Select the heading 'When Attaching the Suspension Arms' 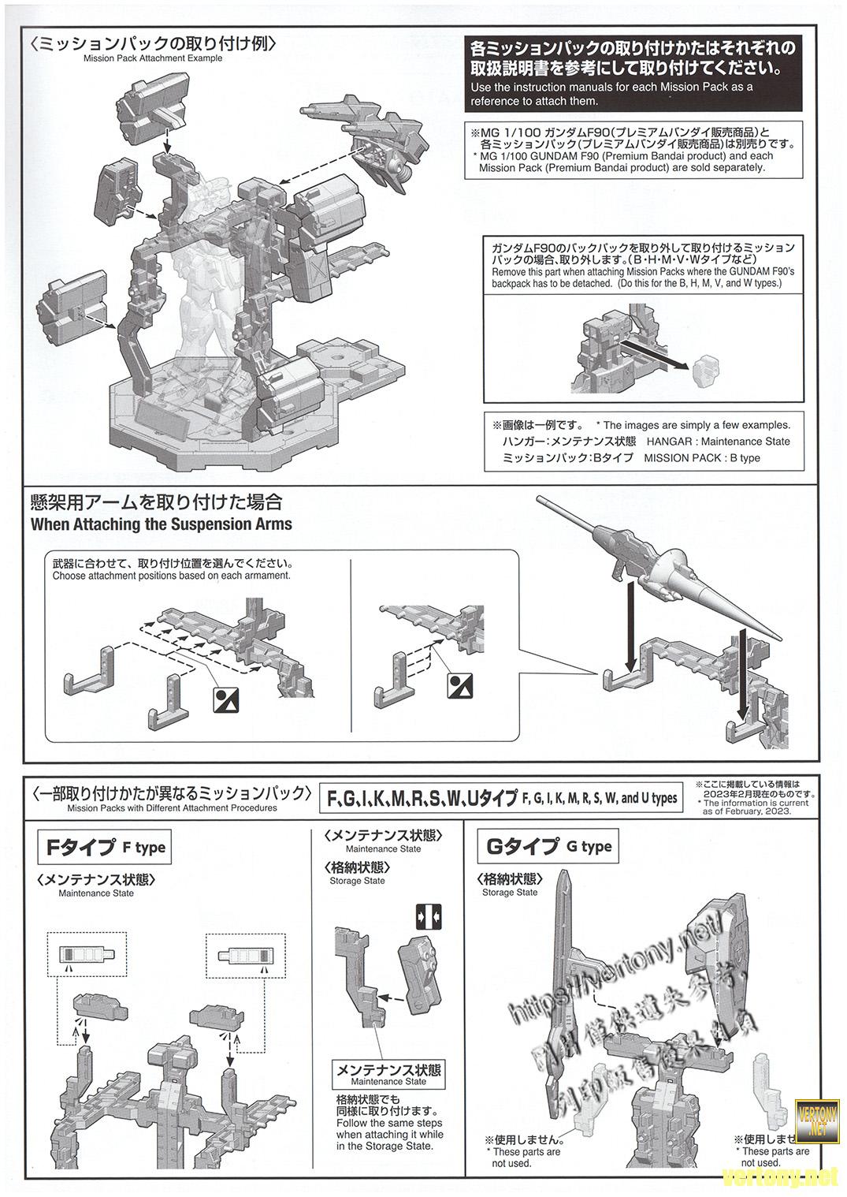(x=161, y=524)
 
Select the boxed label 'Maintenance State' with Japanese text (x=388, y=1074)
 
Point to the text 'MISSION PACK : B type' (x=702, y=458)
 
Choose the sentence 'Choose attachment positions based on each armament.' (x=172, y=576)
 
